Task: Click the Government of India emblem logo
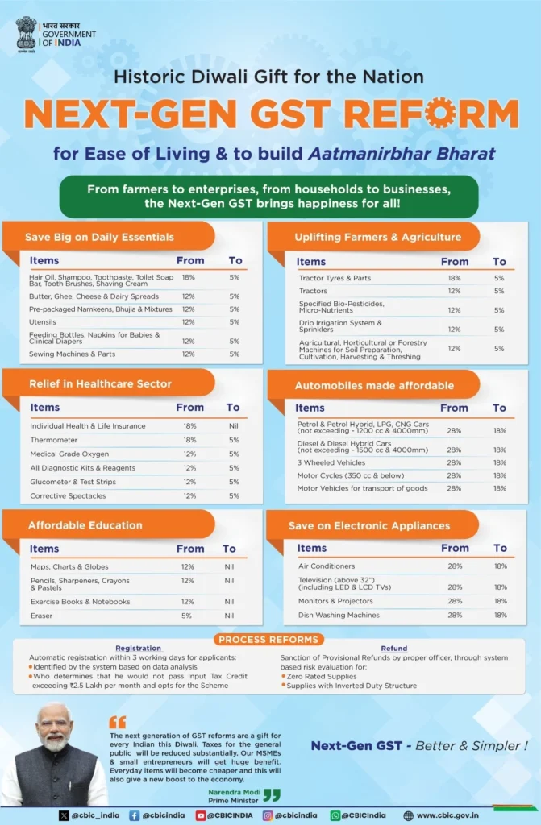26,34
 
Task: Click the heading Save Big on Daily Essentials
99,237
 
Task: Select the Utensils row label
43,321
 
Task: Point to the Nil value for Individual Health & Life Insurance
233,425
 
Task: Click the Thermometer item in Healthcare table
55,440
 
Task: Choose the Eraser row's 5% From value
187,616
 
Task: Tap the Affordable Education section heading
85,525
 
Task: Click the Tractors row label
313,291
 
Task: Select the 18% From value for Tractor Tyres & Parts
454,278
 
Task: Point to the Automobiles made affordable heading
373,385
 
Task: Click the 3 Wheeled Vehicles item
331,462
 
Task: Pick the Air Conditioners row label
326,566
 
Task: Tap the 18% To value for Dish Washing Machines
500,615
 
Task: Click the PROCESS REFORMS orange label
269,639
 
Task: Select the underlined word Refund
393,649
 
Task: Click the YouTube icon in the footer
201,815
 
